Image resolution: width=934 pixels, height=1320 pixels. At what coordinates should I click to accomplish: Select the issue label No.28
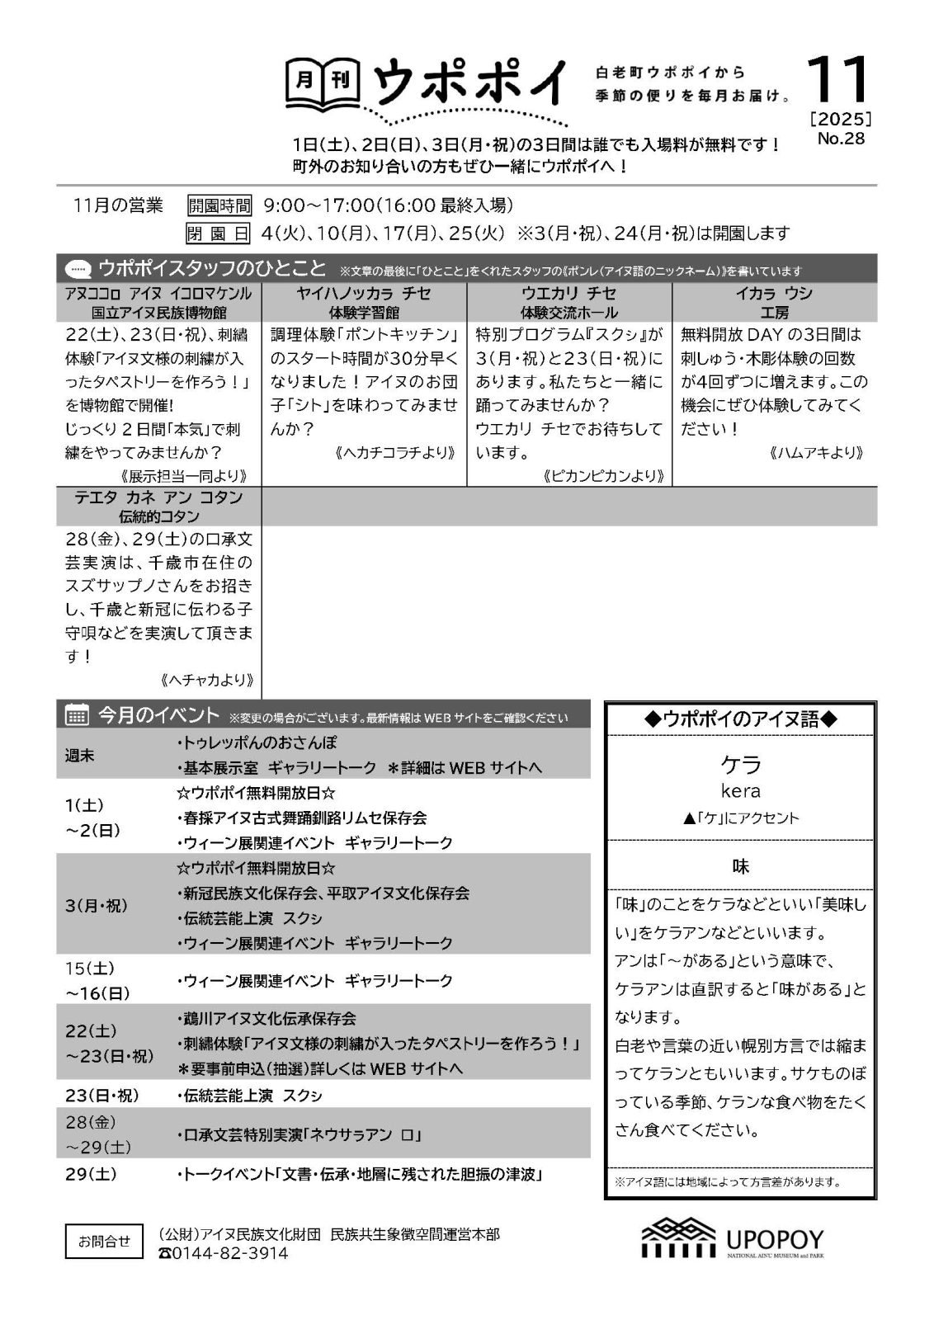click(841, 139)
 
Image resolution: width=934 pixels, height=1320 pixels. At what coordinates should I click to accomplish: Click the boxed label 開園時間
click(219, 205)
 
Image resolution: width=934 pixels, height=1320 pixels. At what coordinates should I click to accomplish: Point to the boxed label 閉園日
click(219, 233)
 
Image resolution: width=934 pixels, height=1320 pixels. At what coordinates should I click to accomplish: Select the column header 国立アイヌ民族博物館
click(158, 313)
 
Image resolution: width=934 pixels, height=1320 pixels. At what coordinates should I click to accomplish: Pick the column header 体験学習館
click(364, 313)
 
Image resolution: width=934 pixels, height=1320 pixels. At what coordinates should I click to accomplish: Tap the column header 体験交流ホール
click(568, 313)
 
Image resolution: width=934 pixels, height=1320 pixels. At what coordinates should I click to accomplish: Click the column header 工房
click(774, 313)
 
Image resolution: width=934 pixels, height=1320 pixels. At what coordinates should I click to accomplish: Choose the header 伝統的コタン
click(158, 516)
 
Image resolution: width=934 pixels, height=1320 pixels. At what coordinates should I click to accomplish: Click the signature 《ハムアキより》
click(815, 452)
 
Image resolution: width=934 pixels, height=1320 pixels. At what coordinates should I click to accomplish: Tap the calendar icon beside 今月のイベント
click(77, 715)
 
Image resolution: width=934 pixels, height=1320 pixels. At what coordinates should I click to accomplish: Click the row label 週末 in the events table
click(80, 755)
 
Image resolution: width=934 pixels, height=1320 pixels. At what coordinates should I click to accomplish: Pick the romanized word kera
click(740, 791)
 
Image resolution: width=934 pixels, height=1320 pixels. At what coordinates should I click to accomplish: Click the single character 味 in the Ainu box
click(740, 866)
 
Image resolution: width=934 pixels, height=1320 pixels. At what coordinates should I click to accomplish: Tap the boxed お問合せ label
click(104, 1241)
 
